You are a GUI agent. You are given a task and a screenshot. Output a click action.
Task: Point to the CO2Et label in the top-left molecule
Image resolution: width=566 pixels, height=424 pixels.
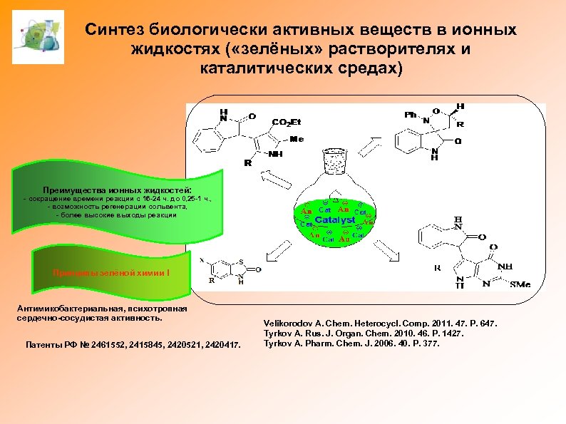[x=287, y=122]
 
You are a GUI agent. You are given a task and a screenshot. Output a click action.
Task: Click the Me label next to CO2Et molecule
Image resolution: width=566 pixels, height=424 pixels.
[x=297, y=139]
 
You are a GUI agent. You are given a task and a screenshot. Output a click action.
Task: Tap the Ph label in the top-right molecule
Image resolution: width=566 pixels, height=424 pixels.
[x=411, y=115]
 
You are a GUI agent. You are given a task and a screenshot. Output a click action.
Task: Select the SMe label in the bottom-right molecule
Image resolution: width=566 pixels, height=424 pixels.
[x=520, y=284]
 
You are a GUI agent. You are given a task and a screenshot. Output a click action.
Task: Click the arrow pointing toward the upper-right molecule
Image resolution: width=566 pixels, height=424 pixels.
[x=371, y=146]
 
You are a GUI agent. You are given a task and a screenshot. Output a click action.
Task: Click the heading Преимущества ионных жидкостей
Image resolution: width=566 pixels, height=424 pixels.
[x=117, y=191]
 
